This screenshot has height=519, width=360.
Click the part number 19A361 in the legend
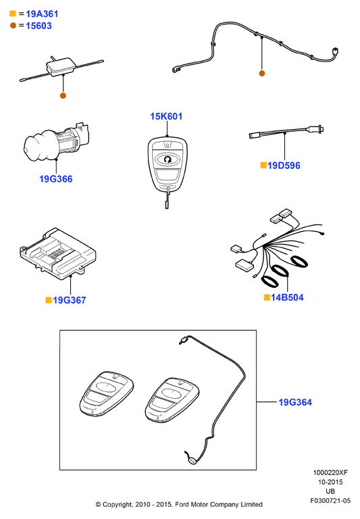pos(42,14)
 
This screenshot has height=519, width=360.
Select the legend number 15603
pos(38,26)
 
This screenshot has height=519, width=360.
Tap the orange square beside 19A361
pos(13,14)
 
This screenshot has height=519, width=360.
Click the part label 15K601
pos(166,116)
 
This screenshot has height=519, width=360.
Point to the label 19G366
pos(55,179)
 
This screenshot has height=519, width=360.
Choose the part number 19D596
pos(284,166)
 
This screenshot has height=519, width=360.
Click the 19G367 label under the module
pos(69,300)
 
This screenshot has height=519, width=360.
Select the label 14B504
pos(287,297)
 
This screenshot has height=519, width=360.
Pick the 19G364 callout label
pos(295,403)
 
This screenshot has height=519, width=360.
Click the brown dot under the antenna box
pos(63,96)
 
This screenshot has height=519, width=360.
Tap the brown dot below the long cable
pos(262,74)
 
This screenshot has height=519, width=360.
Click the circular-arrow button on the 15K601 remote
pos(168,159)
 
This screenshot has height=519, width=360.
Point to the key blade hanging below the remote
pos(167,198)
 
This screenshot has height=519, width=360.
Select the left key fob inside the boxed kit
pos(106,393)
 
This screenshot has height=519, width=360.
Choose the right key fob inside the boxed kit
pos(172,401)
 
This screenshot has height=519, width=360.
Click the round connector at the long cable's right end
pos(334,52)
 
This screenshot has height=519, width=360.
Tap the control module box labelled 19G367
pos(57,254)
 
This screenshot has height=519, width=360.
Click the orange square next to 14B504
pos(267,297)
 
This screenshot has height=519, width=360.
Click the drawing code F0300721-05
pos(330,501)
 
